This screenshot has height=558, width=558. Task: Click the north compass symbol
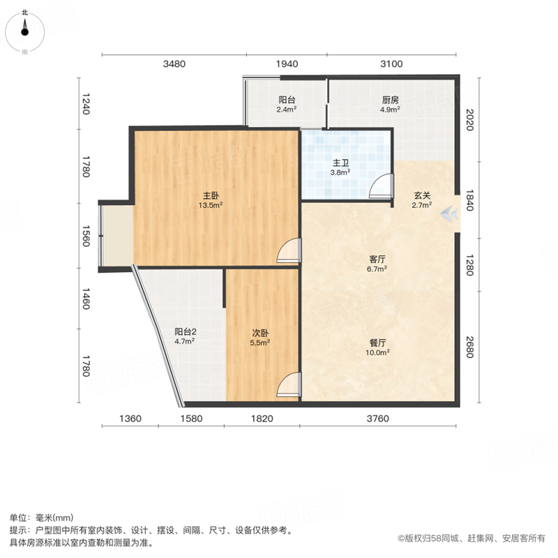24,32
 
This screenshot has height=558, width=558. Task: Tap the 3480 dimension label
174,63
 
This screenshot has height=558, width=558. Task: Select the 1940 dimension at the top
287,63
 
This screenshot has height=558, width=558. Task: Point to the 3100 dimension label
391,63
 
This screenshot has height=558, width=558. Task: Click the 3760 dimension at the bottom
377,418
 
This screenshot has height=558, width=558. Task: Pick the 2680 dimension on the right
469,347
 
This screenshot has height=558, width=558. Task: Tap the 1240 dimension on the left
86,104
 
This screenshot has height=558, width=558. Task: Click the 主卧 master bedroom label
211,195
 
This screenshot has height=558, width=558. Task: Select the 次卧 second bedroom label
260,333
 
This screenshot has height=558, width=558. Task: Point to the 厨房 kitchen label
391,100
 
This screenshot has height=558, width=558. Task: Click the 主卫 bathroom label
340,163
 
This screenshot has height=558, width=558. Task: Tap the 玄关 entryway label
422,195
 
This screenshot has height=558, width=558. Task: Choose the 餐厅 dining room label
377,342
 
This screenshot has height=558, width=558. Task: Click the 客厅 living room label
377,259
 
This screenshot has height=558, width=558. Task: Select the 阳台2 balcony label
186,332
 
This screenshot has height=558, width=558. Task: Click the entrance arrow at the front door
448,214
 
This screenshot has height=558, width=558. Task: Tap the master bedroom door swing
289,251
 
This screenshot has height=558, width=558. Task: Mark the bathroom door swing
381,186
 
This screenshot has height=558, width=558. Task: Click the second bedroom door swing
289,385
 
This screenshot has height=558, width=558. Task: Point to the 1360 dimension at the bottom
130,418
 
